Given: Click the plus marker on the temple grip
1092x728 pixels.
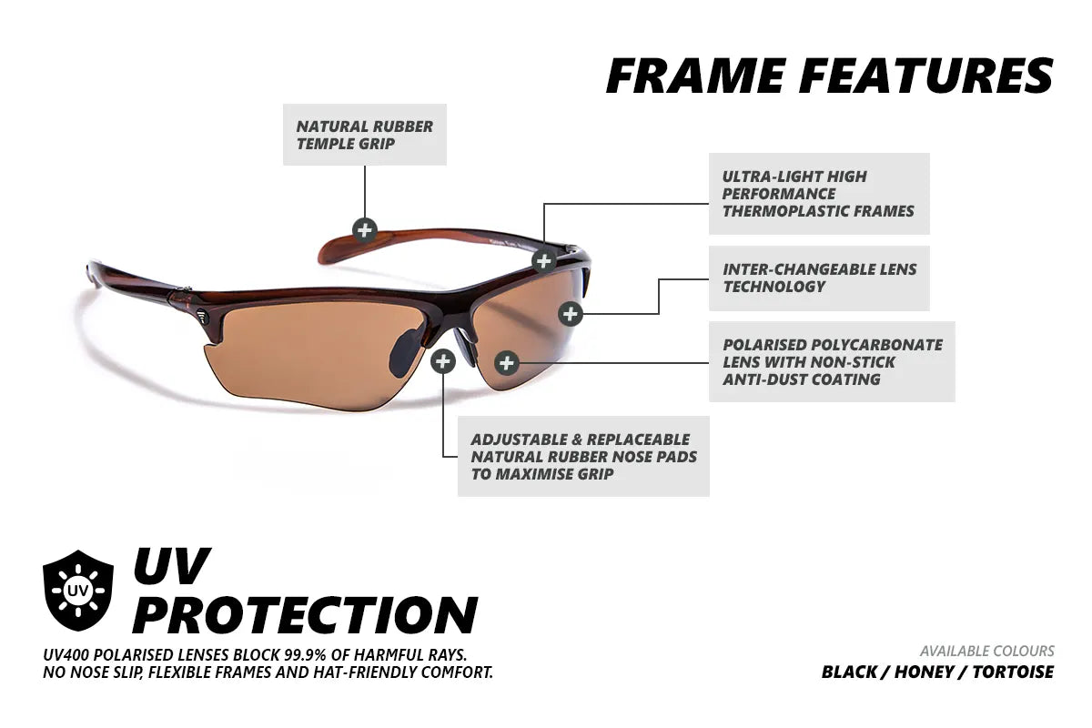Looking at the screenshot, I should (x=364, y=228).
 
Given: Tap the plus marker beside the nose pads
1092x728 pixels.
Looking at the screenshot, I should (x=442, y=361).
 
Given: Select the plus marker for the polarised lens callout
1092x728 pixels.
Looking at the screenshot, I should (x=507, y=363).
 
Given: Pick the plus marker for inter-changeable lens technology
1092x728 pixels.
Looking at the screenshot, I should (x=570, y=314).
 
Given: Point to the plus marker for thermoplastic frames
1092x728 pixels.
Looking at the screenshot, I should (x=543, y=261).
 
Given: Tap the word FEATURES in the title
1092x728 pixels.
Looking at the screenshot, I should (x=926, y=76).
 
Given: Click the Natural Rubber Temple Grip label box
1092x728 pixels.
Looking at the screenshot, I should (x=365, y=136).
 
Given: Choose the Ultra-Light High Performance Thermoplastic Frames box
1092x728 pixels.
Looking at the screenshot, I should (x=819, y=194).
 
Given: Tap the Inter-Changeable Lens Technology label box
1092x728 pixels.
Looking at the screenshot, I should (x=819, y=278).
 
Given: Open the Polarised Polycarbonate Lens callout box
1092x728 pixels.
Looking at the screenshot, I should (x=832, y=361).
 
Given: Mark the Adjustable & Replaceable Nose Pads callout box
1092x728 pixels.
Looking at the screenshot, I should (x=583, y=456).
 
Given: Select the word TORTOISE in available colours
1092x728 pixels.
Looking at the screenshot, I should (x=1013, y=672).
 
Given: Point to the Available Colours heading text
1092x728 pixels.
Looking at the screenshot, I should (x=986, y=651).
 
